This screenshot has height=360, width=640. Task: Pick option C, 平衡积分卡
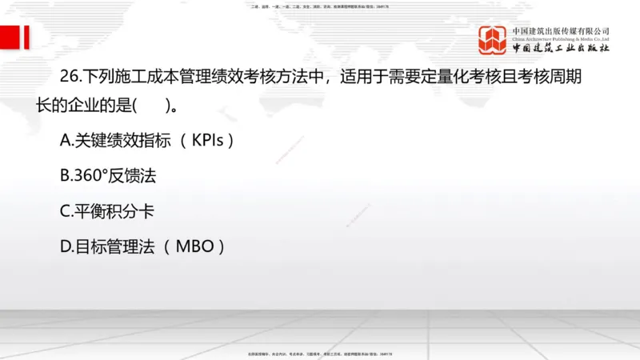(x=107, y=211)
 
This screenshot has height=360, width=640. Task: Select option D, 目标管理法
(x=107, y=246)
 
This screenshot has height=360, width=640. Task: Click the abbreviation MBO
(x=194, y=246)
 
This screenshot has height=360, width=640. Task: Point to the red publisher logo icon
(x=494, y=39)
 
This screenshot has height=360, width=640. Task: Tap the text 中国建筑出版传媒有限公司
(x=561, y=30)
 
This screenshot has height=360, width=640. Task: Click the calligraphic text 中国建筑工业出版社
(x=561, y=49)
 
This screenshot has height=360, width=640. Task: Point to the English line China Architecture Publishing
(x=561, y=38)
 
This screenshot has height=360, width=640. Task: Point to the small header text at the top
(x=320, y=6)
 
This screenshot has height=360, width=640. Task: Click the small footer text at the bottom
(x=320, y=353)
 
